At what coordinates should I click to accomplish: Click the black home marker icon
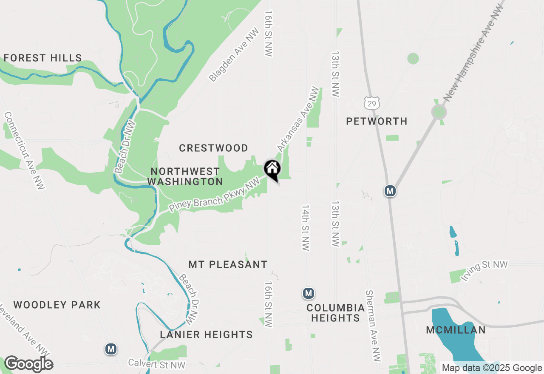coord(272,170)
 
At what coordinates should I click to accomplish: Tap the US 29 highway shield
coord(371,102)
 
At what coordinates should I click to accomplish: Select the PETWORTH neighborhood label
coord(377,122)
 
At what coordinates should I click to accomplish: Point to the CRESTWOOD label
coord(213,148)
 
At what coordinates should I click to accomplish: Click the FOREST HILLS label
coord(42,58)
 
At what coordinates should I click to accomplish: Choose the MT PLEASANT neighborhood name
coord(228,264)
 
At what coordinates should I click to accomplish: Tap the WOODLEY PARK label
coord(57,305)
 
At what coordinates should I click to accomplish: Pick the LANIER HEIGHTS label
coord(206,335)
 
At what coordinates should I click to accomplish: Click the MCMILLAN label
coord(456,330)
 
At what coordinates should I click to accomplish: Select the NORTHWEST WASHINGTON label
coord(185,176)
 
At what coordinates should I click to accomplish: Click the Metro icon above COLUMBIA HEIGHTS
coord(309,293)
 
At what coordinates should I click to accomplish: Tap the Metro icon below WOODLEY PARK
coord(111,349)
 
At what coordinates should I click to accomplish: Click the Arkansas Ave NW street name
coord(298,119)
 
